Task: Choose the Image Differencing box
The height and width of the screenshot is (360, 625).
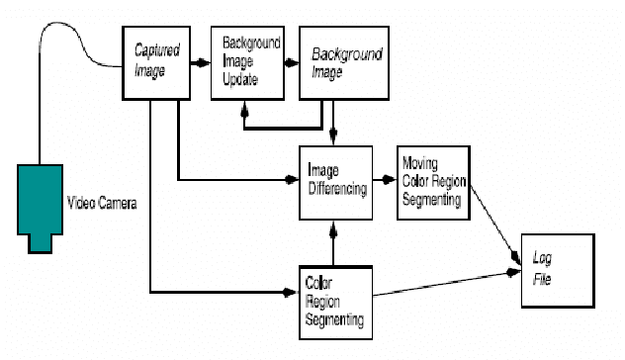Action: point(335,184)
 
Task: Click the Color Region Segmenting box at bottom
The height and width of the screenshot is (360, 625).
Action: point(335,299)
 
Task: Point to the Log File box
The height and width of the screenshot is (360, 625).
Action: point(558,270)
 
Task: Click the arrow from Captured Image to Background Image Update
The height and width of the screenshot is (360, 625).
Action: point(202,62)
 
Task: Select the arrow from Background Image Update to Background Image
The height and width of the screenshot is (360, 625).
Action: point(291,62)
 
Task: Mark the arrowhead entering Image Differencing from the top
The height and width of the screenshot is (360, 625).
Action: point(335,137)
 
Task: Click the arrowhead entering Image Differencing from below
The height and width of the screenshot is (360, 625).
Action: point(335,227)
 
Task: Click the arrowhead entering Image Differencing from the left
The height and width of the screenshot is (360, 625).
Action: point(293,179)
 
